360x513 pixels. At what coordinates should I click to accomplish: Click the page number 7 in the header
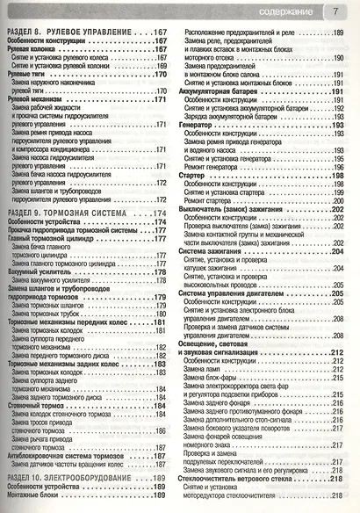click(x=335, y=11)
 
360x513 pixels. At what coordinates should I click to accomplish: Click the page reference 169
click(x=160, y=66)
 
